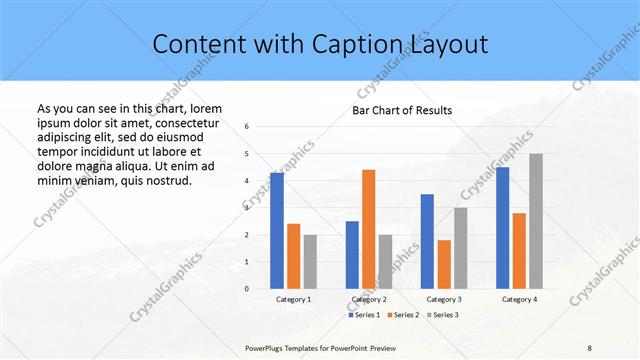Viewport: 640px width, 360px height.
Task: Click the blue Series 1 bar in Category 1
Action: pyautogui.click(x=277, y=231)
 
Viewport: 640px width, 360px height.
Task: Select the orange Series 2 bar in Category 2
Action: pyautogui.click(x=368, y=229)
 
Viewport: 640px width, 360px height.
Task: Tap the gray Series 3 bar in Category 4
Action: pyautogui.click(x=536, y=221)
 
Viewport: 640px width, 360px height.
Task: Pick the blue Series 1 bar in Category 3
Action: pyautogui.click(x=427, y=241)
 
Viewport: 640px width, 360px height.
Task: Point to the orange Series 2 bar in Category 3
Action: pyautogui.click(x=444, y=264)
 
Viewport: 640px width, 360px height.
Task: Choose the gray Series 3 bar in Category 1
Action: pyautogui.click(x=310, y=262)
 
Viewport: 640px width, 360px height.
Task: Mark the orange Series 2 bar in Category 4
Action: pyautogui.click(x=519, y=251)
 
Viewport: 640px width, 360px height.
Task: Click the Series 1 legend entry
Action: pyautogui.click(x=364, y=315)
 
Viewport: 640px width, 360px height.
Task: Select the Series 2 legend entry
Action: pyautogui.click(x=403, y=315)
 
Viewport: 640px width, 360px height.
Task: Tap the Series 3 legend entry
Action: pyautogui.click(x=442, y=315)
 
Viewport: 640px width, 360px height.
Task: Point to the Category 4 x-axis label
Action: pyautogui.click(x=519, y=299)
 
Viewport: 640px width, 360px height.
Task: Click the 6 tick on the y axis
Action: pyautogui.click(x=247, y=127)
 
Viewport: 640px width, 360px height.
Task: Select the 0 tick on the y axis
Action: pyautogui.click(x=247, y=289)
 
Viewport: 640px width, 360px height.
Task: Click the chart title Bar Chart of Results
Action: pyautogui.click(x=402, y=109)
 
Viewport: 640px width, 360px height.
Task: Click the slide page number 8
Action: pyautogui.click(x=590, y=346)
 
